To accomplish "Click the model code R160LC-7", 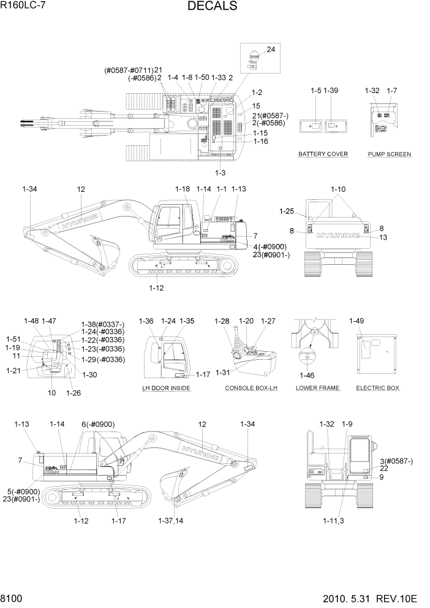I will pyautogui.click(x=23, y=6).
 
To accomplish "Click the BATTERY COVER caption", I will pyautogui.click(x=323, y=154).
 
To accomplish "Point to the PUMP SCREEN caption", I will pyautogui.click(x=390, y=154).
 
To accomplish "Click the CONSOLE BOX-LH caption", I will pyautogui.click(x=251, y=388).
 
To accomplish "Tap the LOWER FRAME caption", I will pyautogui.click(x=318, y=388).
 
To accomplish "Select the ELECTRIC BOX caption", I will pyautogui.click(x=377, y=388).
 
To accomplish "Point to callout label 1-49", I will pyautogui.click(x=356, y=321).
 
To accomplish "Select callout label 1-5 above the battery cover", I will pyautogui.click(x=315, y=91).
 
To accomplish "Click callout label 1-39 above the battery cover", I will pyautogui.click(x=331, y=91).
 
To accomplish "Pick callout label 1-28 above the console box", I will pyautogui.click(x=222, y=321).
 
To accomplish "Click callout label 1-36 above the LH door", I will pyautogui.click(x=146, y=321).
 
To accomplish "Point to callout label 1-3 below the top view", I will pyautogui.click(x=219, y=172).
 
